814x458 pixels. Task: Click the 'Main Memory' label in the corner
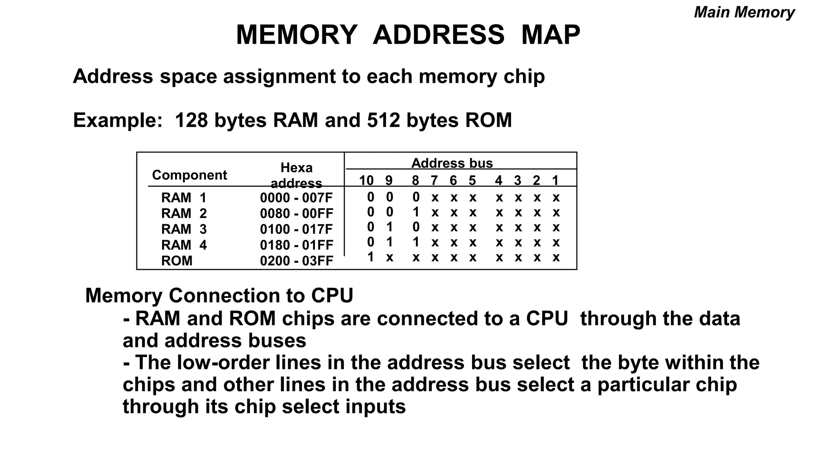click(x=744, y=12)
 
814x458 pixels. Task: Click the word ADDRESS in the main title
click(x=438, y=35)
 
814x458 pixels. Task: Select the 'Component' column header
click(x=189, y=175)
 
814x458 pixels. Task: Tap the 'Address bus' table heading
click(x=452, y=163)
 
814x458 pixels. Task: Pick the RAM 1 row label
click(x=184, y=198)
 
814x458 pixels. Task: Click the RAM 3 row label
click(x=184, y=229)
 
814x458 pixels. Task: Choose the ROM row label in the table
click(x=176, y=261)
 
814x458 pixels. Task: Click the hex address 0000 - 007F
click(x=296, y=198)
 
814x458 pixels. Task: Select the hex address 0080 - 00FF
click(x=296, y=213)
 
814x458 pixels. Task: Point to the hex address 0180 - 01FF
click(x=296, y=245)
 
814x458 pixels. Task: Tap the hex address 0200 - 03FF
click(x=296, y=261)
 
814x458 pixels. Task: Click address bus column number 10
click(x=366, y=180)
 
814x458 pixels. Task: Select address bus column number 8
click(x=415, y=180)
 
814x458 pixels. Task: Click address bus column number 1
click(x=555, y=180)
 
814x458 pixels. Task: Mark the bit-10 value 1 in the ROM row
click(x=370, y=257)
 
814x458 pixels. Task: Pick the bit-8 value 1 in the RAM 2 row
click(x=416, y=212)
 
